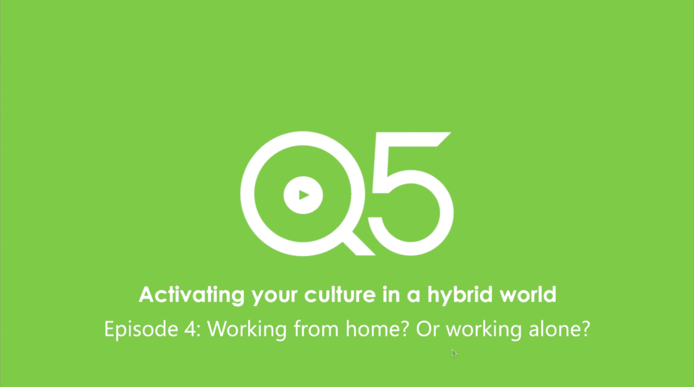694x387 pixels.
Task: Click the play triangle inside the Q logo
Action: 304,195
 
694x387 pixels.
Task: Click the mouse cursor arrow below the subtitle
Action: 454,353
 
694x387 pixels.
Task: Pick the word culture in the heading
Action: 339,295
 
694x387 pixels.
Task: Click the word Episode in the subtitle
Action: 141,329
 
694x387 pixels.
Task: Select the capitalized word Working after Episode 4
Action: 247,329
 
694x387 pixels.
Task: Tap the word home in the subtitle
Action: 373,329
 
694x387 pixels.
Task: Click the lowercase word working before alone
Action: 483,329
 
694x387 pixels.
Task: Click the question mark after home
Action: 405,329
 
